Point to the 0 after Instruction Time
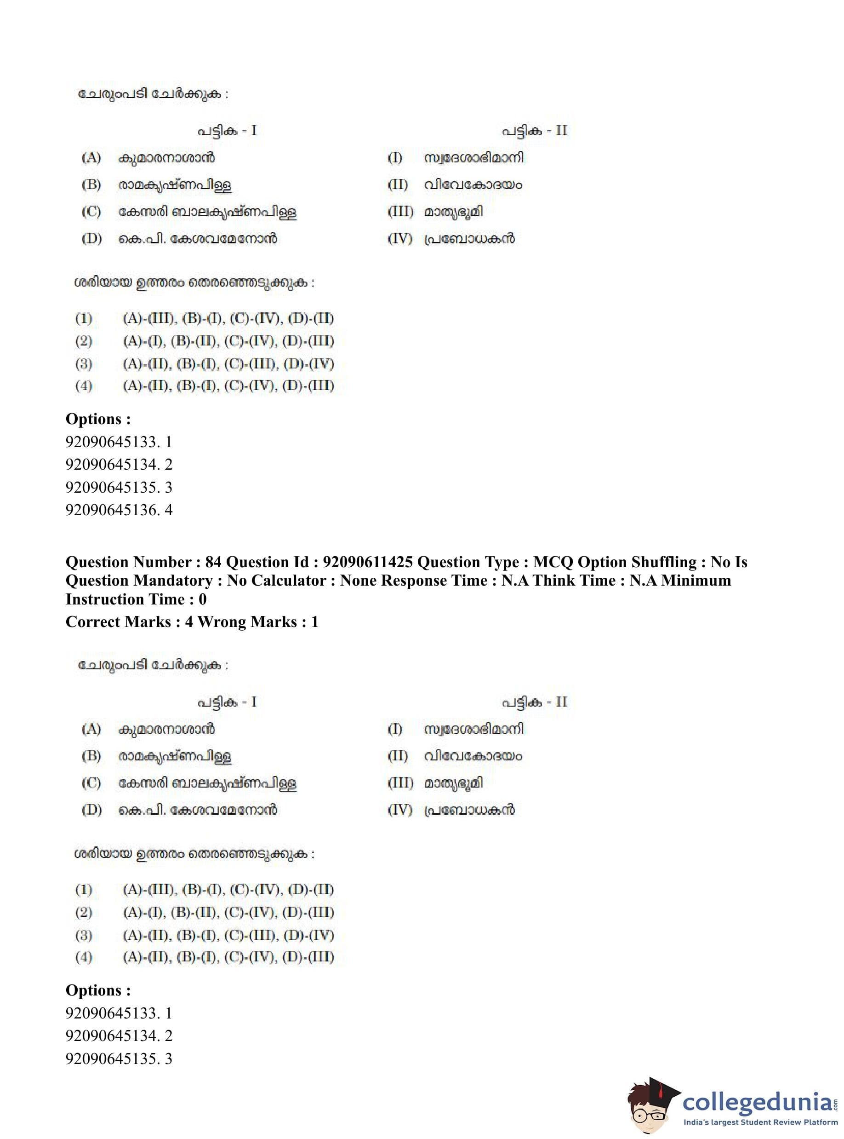[x=202, y=599]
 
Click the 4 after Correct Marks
[x=189, y=622]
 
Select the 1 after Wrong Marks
[x=315, y=622]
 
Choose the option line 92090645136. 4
[x=119, y=510]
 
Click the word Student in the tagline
[x=753, y=1122]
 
